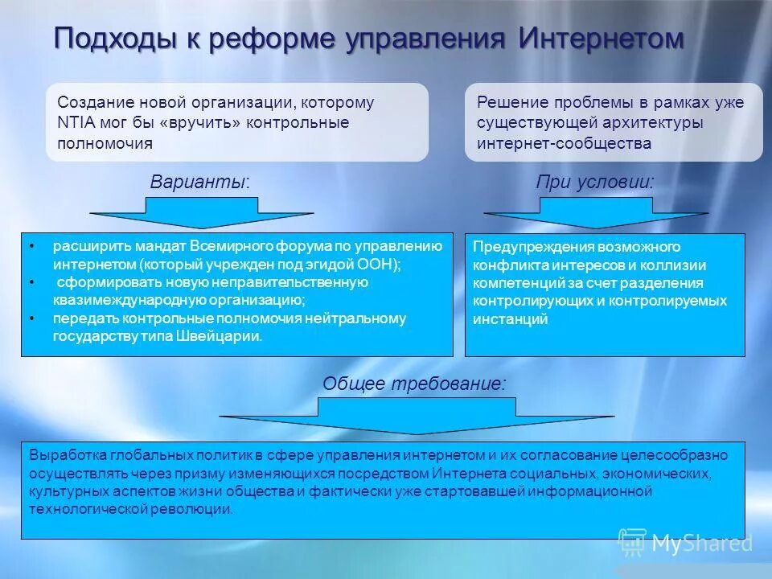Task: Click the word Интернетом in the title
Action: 601,38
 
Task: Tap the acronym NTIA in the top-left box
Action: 76,123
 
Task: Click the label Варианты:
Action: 200,183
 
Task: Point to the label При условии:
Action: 595,183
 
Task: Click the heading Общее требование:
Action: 415,384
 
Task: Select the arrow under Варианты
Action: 201,214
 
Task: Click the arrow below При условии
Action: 595,214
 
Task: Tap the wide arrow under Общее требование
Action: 417,417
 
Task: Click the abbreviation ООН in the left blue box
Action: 378,264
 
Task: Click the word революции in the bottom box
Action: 199,509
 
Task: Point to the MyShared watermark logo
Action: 685,543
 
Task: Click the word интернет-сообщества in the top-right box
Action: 564,144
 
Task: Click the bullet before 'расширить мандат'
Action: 31,244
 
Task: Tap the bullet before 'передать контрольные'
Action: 31,318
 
